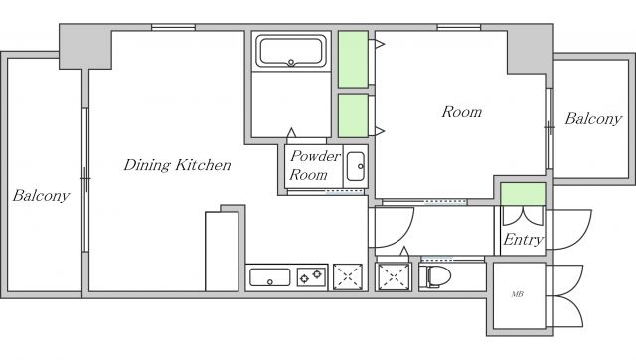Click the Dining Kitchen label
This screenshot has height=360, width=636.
click(x=177, y=165)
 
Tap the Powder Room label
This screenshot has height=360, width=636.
click(x=315, y=166)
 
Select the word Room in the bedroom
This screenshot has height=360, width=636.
click(x=461, y=112)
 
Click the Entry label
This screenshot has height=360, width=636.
click(x=523, y=240)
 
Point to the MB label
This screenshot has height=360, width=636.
click(x=517, y=294)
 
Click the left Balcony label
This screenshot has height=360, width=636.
click(x=41, y=196)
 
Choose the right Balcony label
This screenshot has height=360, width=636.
click(x=593, y=119)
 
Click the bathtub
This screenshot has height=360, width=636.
click(x=291, y=51)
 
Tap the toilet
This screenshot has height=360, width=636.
click(x=435, y=276)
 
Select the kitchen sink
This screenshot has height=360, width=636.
click(x=269, y=277)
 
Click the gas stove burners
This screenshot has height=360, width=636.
click(x=311, y=276)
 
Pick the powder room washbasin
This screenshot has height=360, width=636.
click(x=356, y=166)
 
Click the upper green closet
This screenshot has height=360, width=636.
click(x=354, y=60)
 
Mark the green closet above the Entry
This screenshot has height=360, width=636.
click(x=523, y=194)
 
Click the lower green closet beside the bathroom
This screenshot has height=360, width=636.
click(x=354, y=116)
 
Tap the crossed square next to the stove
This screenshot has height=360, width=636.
click(x=348, y=276)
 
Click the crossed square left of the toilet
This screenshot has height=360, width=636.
click(x=394, y=277)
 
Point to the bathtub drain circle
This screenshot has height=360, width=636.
click(x=291, y=62)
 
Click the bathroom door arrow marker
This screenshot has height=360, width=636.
click(x=291, y=133)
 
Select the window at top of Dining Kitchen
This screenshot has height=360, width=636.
click(x=174, y=27)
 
